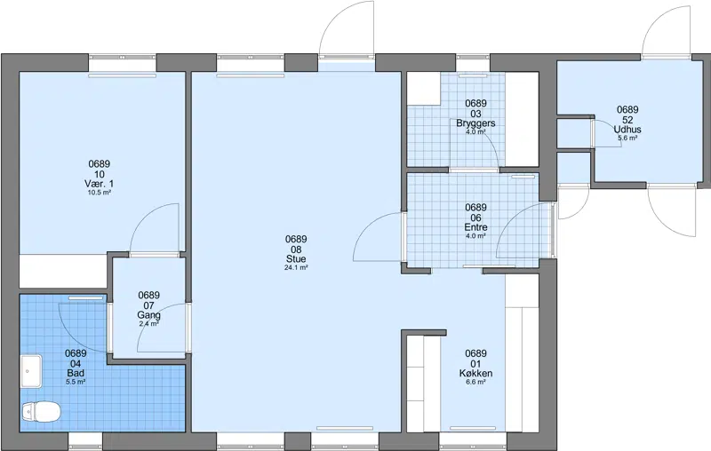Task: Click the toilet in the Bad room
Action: pos(41,412)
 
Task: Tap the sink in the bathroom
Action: pos(31,371)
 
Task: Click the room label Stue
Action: pos(296,259)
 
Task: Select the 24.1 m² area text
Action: pos(296,267)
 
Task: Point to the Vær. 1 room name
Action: pos(100,184)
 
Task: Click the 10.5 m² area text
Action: pos(100,193)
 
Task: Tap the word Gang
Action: pos(149,315)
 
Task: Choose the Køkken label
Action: pos(475,374)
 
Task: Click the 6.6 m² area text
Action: pos(475,382)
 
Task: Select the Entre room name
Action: pos(475,227)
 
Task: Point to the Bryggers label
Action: pos(475,123)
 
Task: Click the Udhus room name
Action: pos(627,130)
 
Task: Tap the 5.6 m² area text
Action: pos(627,138)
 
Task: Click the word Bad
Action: pos(76,374)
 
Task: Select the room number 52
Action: pos(627,120)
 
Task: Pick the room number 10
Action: pos(100,174)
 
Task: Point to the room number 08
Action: pos(296,249)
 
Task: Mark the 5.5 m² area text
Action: pos(76,382)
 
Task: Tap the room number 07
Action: pos(149,305)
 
